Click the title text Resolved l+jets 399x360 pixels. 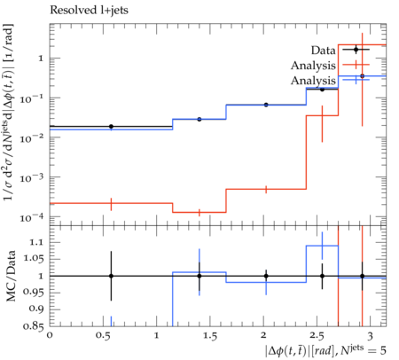coord(89,11)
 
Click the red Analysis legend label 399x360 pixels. coord(313,66)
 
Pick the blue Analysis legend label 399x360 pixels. coord(313,81)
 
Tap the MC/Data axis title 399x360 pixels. coord(11,276)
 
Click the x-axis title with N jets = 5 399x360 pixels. coord(325,349)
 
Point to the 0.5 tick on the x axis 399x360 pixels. coord(103,336)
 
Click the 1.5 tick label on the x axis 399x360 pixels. coord(209,336)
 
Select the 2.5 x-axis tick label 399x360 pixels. coord(317,336)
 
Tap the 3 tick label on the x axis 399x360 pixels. coord(370,336)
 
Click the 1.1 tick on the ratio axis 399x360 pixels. coord(36,242)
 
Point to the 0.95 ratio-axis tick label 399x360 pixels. coord(33,293)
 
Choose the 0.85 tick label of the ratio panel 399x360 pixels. coord(33,326)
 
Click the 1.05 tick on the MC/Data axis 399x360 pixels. coord(34,259)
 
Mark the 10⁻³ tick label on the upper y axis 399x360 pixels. coord(32,178)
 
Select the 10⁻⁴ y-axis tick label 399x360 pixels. coord(32,218)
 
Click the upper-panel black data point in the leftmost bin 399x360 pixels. coord(111,127)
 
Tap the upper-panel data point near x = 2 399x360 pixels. coord(266,105)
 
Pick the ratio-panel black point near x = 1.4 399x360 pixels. coord(199,276)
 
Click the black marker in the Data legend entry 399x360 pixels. coord(356,50)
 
